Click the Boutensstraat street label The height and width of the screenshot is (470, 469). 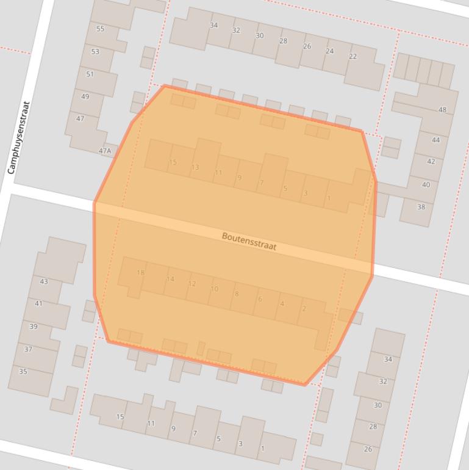click(x=249, y=241)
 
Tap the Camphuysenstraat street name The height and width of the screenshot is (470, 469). click(x=18, y=138)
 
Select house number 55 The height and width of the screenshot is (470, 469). click(x=100, y=29)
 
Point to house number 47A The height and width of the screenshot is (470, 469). click(x=106, y=150)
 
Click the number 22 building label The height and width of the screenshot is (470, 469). click(x=353, y=56)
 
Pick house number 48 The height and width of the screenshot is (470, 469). click(x=442, y=110)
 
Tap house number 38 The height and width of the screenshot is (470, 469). click(x=421, y=207)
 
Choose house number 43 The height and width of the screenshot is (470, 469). click(x=43, y=281)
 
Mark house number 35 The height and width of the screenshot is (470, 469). click(x=23, y=371)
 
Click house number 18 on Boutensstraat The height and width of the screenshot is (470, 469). click(x=140, y=273)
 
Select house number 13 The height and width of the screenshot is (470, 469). click(x=195, y=167)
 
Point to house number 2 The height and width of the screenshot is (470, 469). click(x=304, y=309)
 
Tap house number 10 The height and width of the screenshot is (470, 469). click(x=214, y=289)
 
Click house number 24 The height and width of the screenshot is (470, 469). click(x=329, y=51)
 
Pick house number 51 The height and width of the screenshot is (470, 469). click(x=90, y=74)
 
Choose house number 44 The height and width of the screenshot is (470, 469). click(x=435, y=140)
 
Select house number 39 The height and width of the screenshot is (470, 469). click(x=34, y=327)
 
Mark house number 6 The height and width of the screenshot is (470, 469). click(x=260, y=299)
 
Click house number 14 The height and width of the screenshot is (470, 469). click(x=170, y=279)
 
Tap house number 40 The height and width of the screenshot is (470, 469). click(x=426, y=184)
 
